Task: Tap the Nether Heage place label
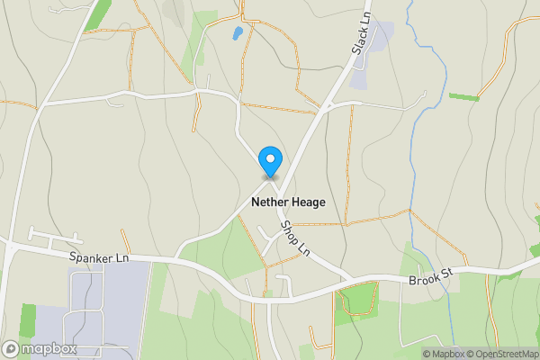point(289,202)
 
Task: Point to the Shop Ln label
point(294,238)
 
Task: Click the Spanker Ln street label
point(99,258)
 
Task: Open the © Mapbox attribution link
point(443,354)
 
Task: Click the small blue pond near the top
point(237,34)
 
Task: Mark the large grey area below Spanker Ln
point(103,306)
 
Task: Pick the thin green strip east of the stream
point(464,96)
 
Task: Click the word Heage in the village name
point(308,202)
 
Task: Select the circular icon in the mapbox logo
point(11,348)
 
